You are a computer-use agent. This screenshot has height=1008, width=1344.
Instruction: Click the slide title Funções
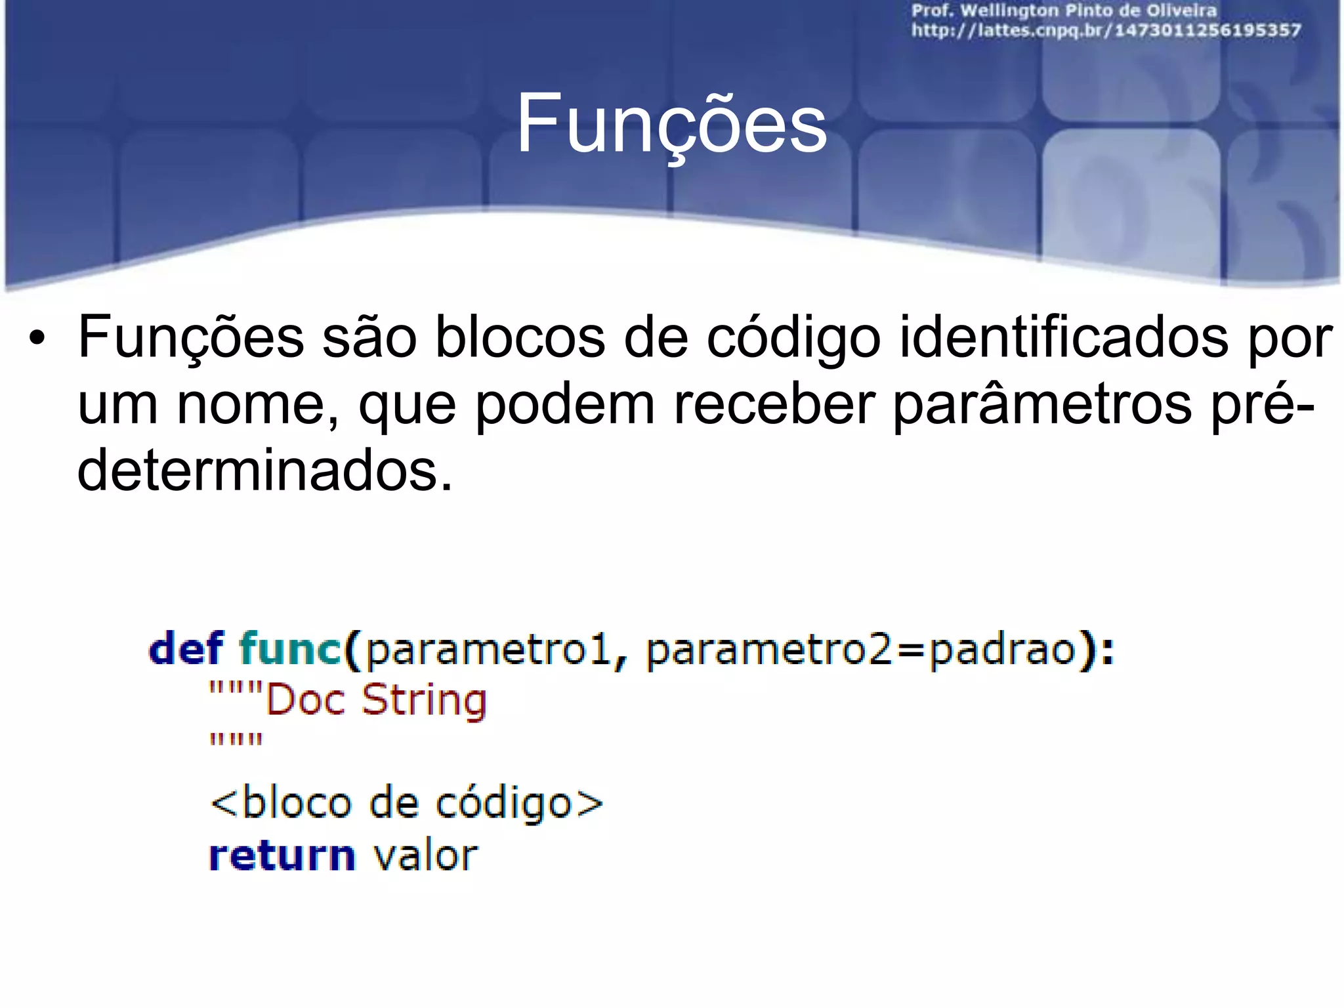(x=671, y=123)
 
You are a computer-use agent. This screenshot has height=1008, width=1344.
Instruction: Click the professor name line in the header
(x=1064, y=11)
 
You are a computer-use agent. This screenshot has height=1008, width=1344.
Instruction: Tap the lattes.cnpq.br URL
(x=1106, y=30)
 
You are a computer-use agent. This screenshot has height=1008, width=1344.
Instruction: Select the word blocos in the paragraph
(x=520, y=338)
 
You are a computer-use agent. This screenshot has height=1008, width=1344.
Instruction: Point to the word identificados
(x=1063, y=338)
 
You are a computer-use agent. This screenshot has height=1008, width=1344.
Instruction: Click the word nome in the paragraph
(x=259, y=405)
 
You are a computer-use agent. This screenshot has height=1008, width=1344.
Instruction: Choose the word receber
(x=774, y=405)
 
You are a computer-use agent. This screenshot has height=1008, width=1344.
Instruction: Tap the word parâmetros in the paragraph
(x=1042, y=405)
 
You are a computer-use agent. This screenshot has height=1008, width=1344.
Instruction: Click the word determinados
(x=264, y=471)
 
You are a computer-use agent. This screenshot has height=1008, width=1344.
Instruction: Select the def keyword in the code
(x=186, y=648)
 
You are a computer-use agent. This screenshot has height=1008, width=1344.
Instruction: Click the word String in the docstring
(x=424, y=700)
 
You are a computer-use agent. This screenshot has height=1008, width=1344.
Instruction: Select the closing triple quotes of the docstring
(x=236, y=740)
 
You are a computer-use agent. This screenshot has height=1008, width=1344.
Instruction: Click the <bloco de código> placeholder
(x=406, y=803)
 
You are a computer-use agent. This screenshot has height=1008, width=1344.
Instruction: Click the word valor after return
(x=425, y=856)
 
